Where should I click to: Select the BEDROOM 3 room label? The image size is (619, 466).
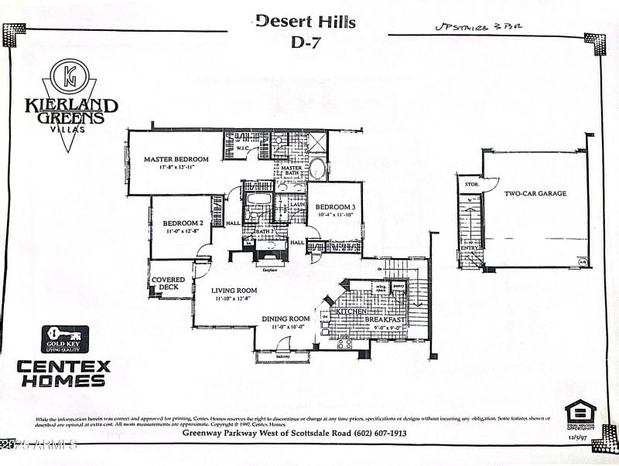[x=334, y=206]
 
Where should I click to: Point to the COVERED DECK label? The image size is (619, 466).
[x=168, y=283]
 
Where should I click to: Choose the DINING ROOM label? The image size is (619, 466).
[x=286, y=318]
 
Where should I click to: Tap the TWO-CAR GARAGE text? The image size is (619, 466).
[x=535, y=194]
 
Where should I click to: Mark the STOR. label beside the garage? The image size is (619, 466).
[x=470, y=186]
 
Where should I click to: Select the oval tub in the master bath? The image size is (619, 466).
[x=318, y=168]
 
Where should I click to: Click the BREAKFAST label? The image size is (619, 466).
[x=385, y=319]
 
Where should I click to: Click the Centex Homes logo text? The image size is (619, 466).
[x=63, y=372]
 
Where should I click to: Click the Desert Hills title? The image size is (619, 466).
[x=306, y=22]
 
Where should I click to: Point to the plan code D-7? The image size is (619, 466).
[x=306, y=43]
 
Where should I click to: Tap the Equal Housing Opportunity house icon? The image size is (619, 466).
[x=580, y=411]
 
